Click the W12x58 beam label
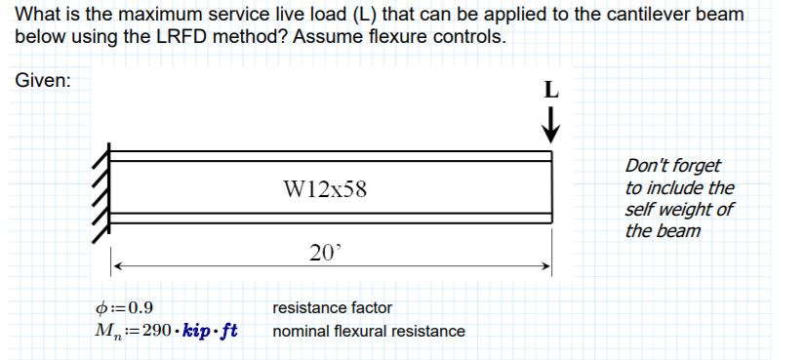coord(326,188)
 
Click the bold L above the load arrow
coord(551,93)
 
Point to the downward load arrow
coord(551,127)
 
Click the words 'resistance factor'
coord(333,307)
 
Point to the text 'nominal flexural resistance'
coord(369,331)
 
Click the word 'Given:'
coord(43,81)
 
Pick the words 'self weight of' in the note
coord(679,210)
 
